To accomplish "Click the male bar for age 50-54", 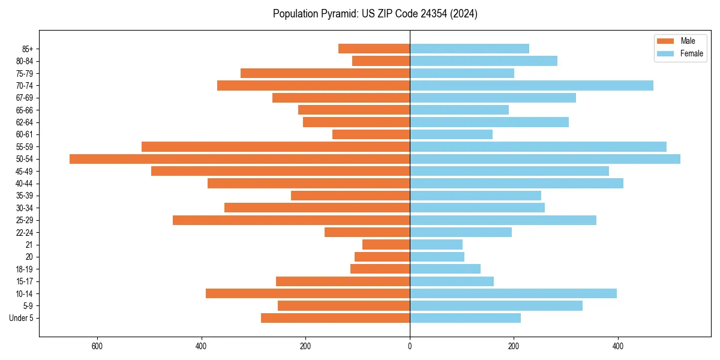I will coord(240,159).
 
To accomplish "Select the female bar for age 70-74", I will coord(531,86).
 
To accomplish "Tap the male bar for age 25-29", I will coord(291,220).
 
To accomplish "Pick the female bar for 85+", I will coord(469,49).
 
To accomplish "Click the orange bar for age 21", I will coord(386,245).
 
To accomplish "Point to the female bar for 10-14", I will coord(513,293).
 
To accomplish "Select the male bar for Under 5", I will coord(335,318).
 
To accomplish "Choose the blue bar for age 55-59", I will coord(538,146).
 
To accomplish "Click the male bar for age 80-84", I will coord(381,61).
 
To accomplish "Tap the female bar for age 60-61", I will coord(451,134).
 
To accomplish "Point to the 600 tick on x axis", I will coord(97,346).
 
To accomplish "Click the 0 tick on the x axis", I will coord(410,346).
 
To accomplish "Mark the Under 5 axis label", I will coord(21,318).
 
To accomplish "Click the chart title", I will coord(375,14).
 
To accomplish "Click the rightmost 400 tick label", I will coord(618,346).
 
